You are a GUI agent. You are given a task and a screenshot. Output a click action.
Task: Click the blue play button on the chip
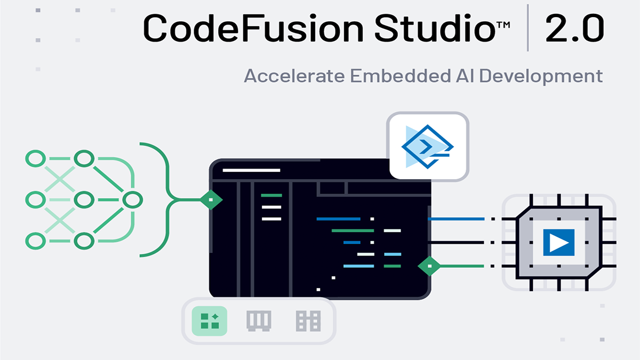point(558,243)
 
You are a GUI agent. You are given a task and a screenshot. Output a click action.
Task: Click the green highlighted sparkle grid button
point(210,321)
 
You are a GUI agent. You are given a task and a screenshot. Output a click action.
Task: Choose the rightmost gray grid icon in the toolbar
point(308,321)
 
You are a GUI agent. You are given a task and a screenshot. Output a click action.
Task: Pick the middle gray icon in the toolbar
point(259,321)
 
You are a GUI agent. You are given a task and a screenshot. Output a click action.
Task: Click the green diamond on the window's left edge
point(211,200)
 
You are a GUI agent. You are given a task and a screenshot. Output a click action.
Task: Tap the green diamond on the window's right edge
point(429,266)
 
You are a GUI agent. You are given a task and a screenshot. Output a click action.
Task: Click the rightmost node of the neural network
point(132,200)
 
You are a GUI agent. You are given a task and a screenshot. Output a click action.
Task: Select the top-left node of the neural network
point(35,158)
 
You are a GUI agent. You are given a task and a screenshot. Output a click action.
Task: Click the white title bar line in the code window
point(251,170)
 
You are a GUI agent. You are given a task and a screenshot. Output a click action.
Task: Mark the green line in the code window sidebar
point(271,195)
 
